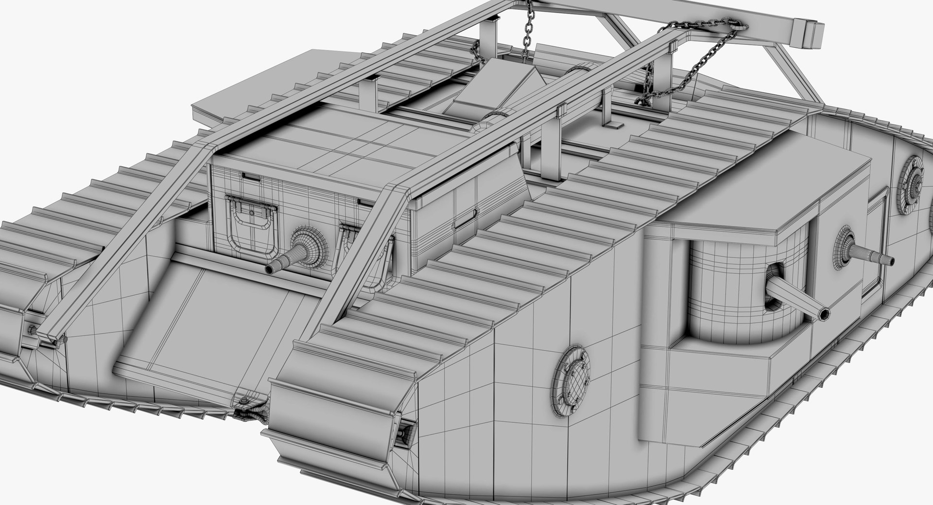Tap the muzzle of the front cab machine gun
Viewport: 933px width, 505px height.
[270, 269]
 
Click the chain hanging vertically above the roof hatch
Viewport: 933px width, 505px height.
[526, 29]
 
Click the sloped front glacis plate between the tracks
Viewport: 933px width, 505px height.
[204, 331]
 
